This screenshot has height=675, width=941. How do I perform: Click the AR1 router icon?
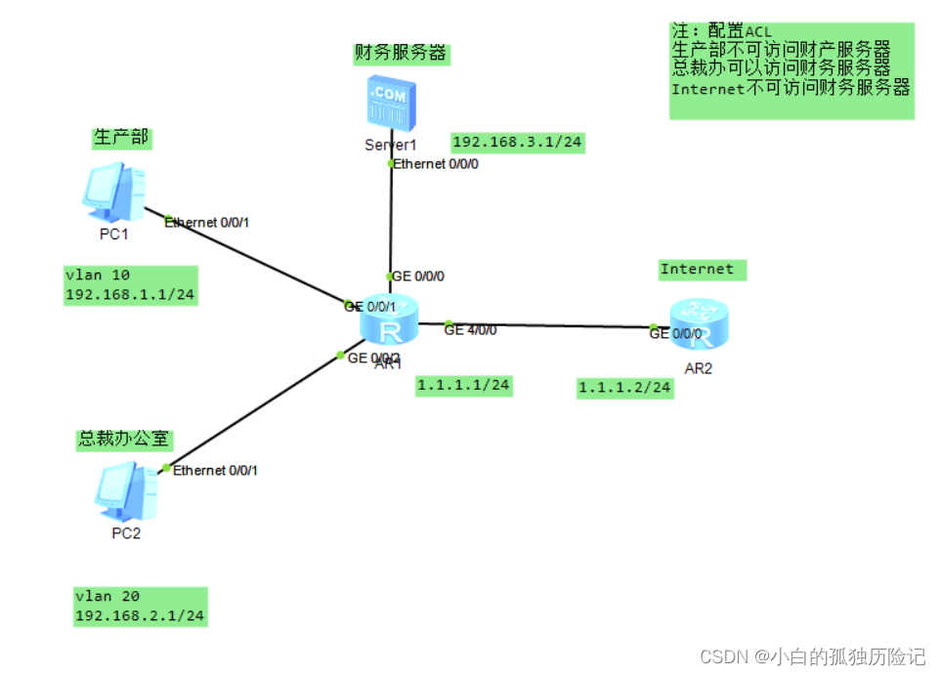389,319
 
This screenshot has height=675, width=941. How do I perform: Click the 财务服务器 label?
401,53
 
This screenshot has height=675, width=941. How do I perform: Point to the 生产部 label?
121,138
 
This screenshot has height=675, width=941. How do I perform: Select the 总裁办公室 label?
125,440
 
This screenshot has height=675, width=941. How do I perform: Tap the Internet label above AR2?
697,269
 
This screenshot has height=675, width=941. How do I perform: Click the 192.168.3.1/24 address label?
517,142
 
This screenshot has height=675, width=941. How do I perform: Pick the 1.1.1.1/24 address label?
463,386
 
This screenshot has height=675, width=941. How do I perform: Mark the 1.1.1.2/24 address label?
625,388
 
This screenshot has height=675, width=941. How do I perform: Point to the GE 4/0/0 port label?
470,330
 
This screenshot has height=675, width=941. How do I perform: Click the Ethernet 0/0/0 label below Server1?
436,164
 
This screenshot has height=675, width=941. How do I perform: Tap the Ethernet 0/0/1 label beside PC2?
215,471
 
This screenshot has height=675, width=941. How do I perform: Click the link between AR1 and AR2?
557,325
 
